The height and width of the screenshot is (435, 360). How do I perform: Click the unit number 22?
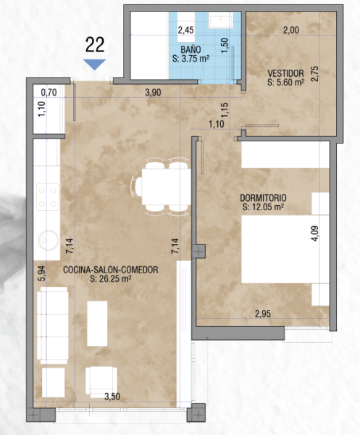tap(95, 45)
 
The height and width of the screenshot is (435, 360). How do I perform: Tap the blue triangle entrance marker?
tap(94, 64)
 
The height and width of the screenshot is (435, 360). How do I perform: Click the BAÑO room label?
tap(191, 49)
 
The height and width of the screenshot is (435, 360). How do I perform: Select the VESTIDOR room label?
tap(285, 73)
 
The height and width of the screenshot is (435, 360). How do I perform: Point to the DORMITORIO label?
tap(263, 198)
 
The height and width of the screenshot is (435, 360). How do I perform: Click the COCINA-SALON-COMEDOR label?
tap(111, 270)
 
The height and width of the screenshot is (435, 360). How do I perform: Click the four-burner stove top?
tap(48, 197)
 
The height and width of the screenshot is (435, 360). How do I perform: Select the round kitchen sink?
tap(49, 240)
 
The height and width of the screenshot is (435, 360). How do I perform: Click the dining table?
tap(167, 187)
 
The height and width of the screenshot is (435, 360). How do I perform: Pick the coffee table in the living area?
tap(97, 323)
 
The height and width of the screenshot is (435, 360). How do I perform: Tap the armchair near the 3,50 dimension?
tap(101, 382)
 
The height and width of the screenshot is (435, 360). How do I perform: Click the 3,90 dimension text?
tap(153, 92)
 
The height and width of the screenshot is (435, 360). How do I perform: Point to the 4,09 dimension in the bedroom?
tap(315, 233)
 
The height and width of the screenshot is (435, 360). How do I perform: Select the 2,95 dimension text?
tap(263, 314)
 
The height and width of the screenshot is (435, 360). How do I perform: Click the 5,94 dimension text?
tap(43, 273)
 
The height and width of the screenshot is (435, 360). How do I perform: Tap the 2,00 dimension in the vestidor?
tap(291, 30)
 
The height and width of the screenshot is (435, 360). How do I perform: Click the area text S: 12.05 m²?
tap(263, 207)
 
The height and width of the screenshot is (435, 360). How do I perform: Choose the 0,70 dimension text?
tap(49, 92)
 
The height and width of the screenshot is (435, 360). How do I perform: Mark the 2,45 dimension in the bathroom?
tap(185, 30)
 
